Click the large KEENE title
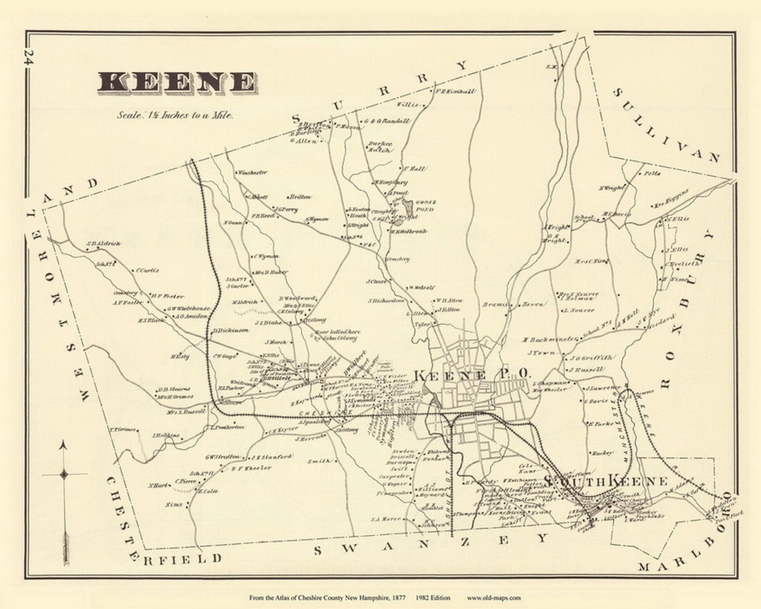click(x=177, y=82)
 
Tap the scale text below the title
click(x=175, y=115)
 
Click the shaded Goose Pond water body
click(x=408, y=207)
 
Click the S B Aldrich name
click(x=104, y=244)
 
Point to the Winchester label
click(x=252, y=172)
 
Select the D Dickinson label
click(x=231, y=330)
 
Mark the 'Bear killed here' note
click(x=330, y=334)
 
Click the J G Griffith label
click(x=593, y=357)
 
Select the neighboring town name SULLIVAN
click(x=665, y=126)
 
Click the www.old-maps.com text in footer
click(x=494, y=598)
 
